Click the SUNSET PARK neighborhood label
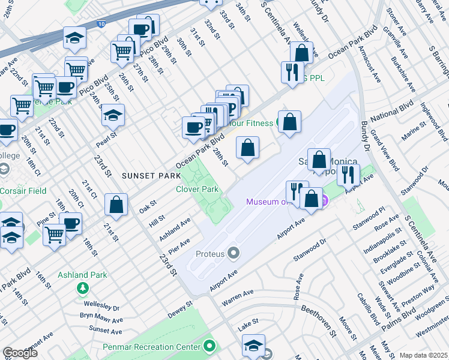pyautogui.click(x=151, y=176)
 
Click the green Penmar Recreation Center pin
pyautogui.click(x=209, y=346)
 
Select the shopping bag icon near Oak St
pyautogui.click(x=116, y=204)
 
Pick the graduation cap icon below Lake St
pyautogui.click(x=253, y=345)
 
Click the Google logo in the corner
pyautogui.click(x=20, y=353)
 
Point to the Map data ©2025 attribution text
pyautogui.click(x=423, y=355)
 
